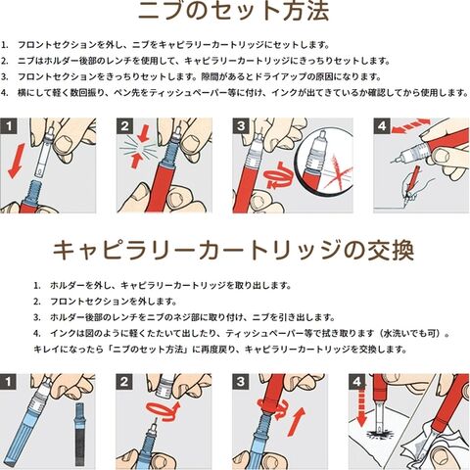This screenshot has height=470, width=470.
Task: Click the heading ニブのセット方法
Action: pos(233,12)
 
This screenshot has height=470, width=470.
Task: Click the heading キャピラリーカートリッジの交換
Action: pos(233,251)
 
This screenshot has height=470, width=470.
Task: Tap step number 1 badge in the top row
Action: pos(9,126)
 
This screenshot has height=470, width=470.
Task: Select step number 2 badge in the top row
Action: pos(124,126)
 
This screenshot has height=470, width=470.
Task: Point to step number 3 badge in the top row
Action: pos(241,126)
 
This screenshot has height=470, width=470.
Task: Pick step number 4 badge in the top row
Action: pos(382,126)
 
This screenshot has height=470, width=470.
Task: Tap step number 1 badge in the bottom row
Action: pos(9,382)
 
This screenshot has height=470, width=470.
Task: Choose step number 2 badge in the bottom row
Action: pos(124,382)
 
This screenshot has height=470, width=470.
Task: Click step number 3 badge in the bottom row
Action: pos(241,382)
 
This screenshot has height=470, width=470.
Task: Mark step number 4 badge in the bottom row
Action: pos(357,382)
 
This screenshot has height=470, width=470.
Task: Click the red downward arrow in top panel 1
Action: pos(16,162)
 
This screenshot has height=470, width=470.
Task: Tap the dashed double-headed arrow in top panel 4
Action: pos(410,125)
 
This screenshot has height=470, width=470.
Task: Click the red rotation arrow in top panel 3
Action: pos(276,176)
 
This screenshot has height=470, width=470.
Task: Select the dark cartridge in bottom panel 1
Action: pos(79,434)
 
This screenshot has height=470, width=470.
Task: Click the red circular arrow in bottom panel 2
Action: pos(163,410)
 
